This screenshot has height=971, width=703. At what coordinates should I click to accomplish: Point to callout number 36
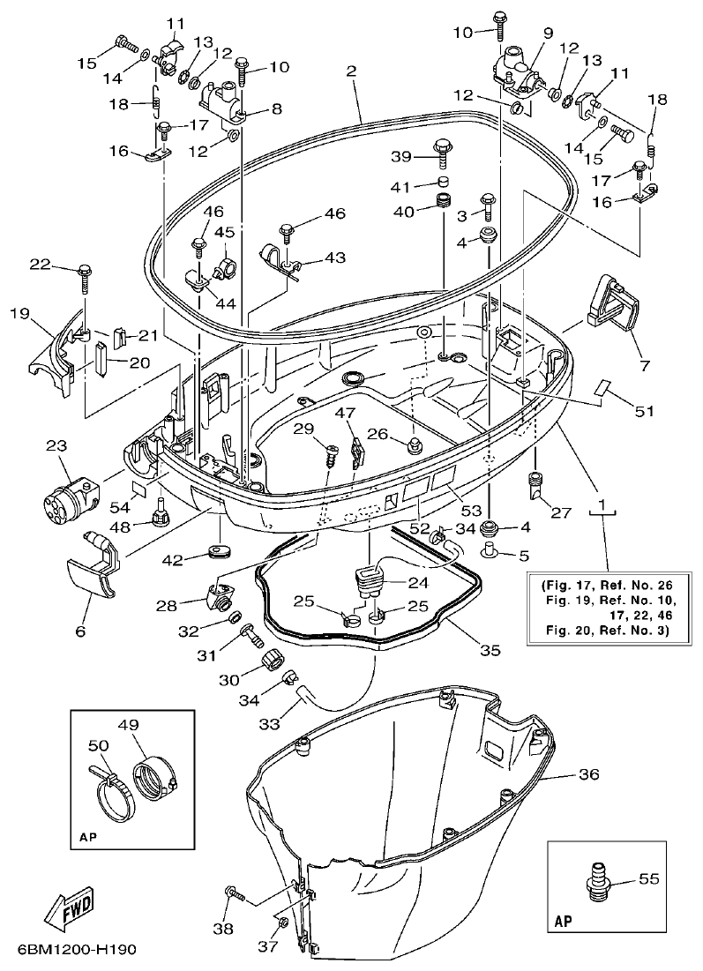pos(588,774)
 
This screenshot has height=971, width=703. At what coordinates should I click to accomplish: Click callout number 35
pos(490,650)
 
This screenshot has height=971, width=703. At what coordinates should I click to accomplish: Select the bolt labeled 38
pos(236,896)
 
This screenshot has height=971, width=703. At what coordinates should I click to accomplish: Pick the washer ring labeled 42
pos(219,552)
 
